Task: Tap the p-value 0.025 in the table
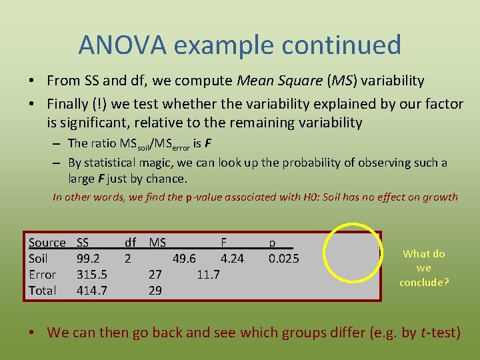click(283, 259)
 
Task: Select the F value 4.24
click(233, 259)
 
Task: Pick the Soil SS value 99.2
click(88, 259)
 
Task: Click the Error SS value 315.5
click(92, 275)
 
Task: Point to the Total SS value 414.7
click(92, 291)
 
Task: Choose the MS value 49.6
click(184, 259)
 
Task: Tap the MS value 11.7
click(209, 275)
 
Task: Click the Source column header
click(47, 243)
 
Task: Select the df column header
click(131, 243)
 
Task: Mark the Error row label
click(42, 275)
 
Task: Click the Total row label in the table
click(42, 291)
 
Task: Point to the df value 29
click(155, 291)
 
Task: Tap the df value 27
click(155, 275)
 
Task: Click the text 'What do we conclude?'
click(424, 268)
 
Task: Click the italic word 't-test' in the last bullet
click(440, 332)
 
